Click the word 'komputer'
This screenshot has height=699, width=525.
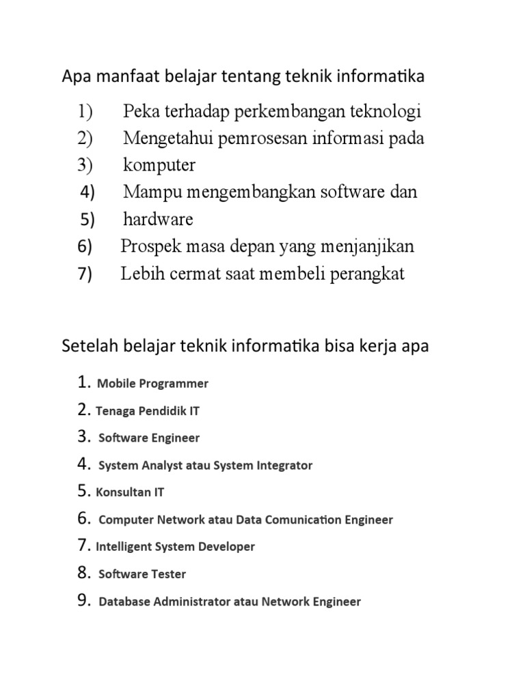tap(159, 166)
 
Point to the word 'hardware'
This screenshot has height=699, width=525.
tap(158, 220)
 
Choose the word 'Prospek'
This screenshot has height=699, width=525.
tap(149, 246)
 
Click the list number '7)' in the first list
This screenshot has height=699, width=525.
tap(85, 274)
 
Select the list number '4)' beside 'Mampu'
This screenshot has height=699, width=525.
tap(87, 192)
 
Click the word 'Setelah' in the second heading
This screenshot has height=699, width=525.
tap(90, 346)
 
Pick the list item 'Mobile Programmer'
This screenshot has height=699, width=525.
tap(152, 384)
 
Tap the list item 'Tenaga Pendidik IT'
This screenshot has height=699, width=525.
tap(148, 411)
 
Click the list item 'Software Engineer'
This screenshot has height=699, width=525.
tap(149, 438)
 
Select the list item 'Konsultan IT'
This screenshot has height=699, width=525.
tap(130, 492)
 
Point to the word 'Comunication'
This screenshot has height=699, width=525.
tap(295, 520)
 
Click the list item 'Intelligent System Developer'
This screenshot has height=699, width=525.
tap(175, 547)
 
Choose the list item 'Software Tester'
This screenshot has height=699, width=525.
tap(142, 575)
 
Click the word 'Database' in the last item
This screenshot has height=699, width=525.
tap(125, 602)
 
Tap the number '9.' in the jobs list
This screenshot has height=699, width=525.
tap(85, 601)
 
